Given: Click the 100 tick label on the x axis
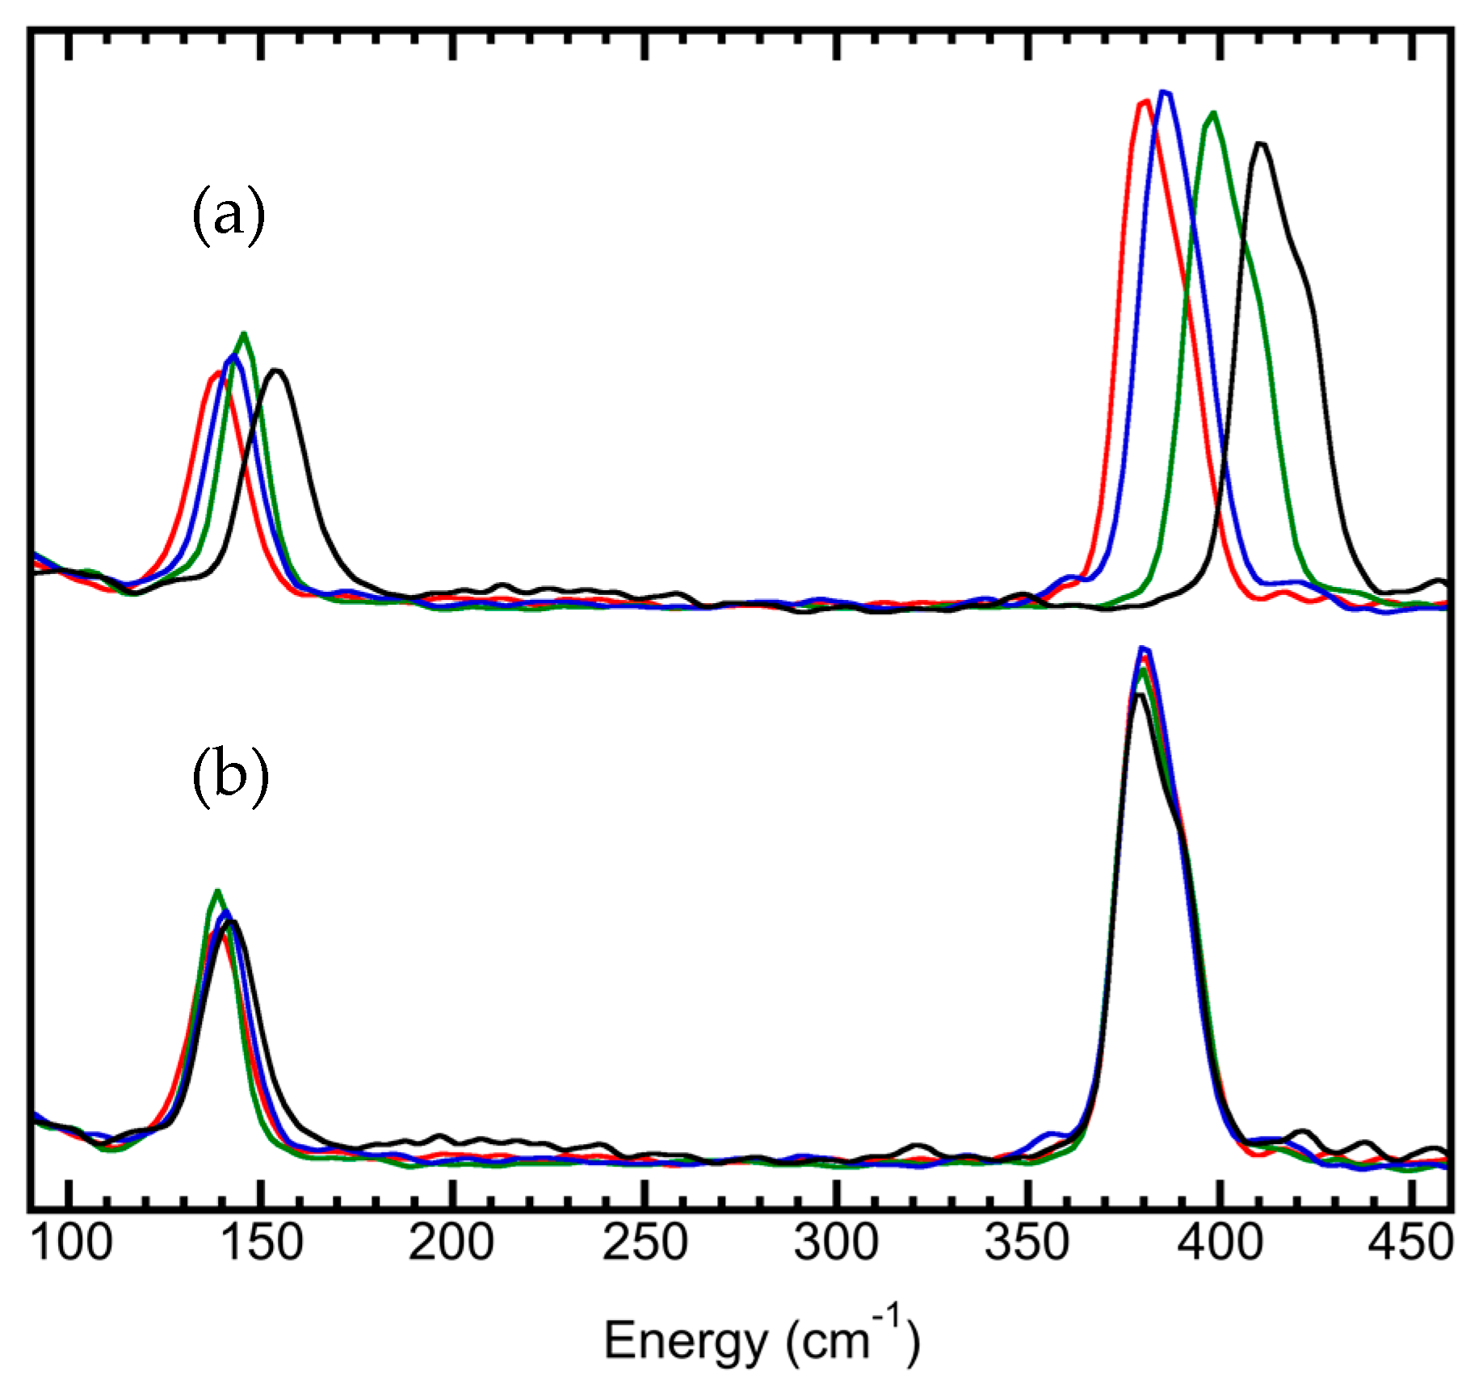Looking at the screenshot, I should coord(71,1243).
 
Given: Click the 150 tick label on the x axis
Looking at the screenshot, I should coord(262,1243).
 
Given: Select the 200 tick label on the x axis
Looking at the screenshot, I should coord(452,1243).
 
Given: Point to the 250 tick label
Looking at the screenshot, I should coord(645,1243).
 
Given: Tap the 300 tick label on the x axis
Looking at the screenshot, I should coord(836,1243).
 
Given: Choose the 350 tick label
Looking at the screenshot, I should coord(1027,1243).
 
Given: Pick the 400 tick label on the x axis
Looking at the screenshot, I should coord(1219,1243).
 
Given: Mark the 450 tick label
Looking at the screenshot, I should coord(1410,1243).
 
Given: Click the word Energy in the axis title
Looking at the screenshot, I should coord(686,1343).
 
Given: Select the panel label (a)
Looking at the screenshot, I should coord(229,216).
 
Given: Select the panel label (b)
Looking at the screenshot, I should coord(230,776).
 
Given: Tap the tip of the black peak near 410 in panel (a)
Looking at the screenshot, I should coord(1261,144).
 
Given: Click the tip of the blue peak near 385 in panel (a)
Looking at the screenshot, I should coord(1166,92).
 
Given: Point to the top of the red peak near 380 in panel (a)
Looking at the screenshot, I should coord(1145,102).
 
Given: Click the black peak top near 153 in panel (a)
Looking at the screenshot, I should coord(277,370).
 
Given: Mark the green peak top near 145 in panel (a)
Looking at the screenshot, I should coord(243,333).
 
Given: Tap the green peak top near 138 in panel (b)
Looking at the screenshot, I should coord(216,891).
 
